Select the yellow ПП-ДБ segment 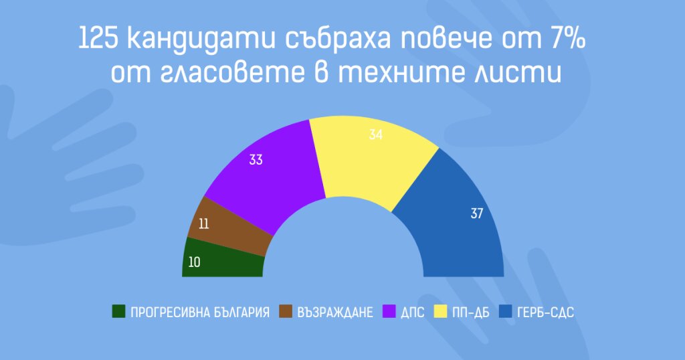[371, 157]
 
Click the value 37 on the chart [476, 213]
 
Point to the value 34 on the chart [376, 134]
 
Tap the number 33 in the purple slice [256, 160]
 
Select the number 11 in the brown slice [203, 224]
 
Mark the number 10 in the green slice [194, 262]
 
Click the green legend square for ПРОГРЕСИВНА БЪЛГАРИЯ [118, 312]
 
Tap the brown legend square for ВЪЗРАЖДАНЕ [285, 312]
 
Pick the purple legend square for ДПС [389, 312]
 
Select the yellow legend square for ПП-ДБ [440, 312]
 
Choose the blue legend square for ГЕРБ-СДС [506, 312]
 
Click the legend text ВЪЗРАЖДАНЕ [335, 312]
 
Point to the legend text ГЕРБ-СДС [545, 312]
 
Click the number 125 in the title [99, 38]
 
